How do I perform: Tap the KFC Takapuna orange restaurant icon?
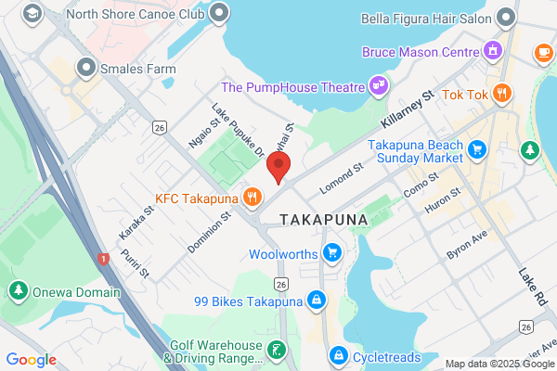[252, 197]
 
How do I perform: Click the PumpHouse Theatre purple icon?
[378, 86]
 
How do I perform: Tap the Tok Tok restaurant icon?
[502, 93]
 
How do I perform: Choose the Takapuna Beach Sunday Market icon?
[478, 149]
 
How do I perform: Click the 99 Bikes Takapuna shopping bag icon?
[317, 301]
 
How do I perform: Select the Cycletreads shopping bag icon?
[340, 355]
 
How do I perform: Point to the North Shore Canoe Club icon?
[220, 12]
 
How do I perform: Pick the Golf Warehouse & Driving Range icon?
[276, 350]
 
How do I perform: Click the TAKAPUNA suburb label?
[323, 220]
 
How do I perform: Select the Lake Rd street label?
[532, 288]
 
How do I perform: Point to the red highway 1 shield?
[101, 257]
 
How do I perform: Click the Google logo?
[31, 359]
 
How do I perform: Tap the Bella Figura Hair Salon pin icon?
[505, 18]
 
